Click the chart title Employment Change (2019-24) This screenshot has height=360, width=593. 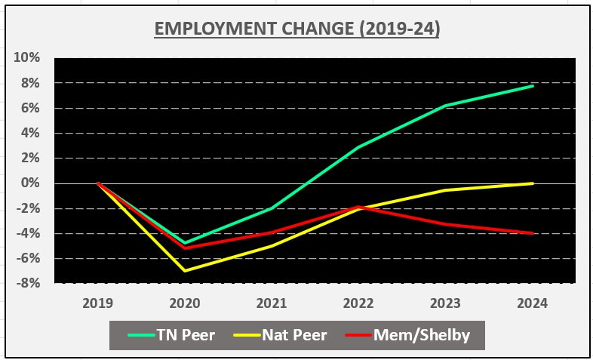[x=297, y=29]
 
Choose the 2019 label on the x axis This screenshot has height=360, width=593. [x=98, y=303]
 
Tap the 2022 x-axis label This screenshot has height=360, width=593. [x=358, y=303]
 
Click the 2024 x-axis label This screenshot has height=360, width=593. [x=533, y=303]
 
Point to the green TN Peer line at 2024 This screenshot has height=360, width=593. [x=533, y=86]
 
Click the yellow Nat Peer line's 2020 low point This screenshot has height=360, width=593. [x=185, y=271]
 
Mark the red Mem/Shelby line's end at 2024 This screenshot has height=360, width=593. [x=533, y=233]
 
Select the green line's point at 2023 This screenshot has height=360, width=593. [x=446, y=106]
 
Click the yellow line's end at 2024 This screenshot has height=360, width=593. [x=533, y=183]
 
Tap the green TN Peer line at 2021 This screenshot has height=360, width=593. [x=272, y=208]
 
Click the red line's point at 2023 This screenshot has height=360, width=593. [x=446, y=224]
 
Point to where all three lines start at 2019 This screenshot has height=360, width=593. [x=98, y=183]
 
